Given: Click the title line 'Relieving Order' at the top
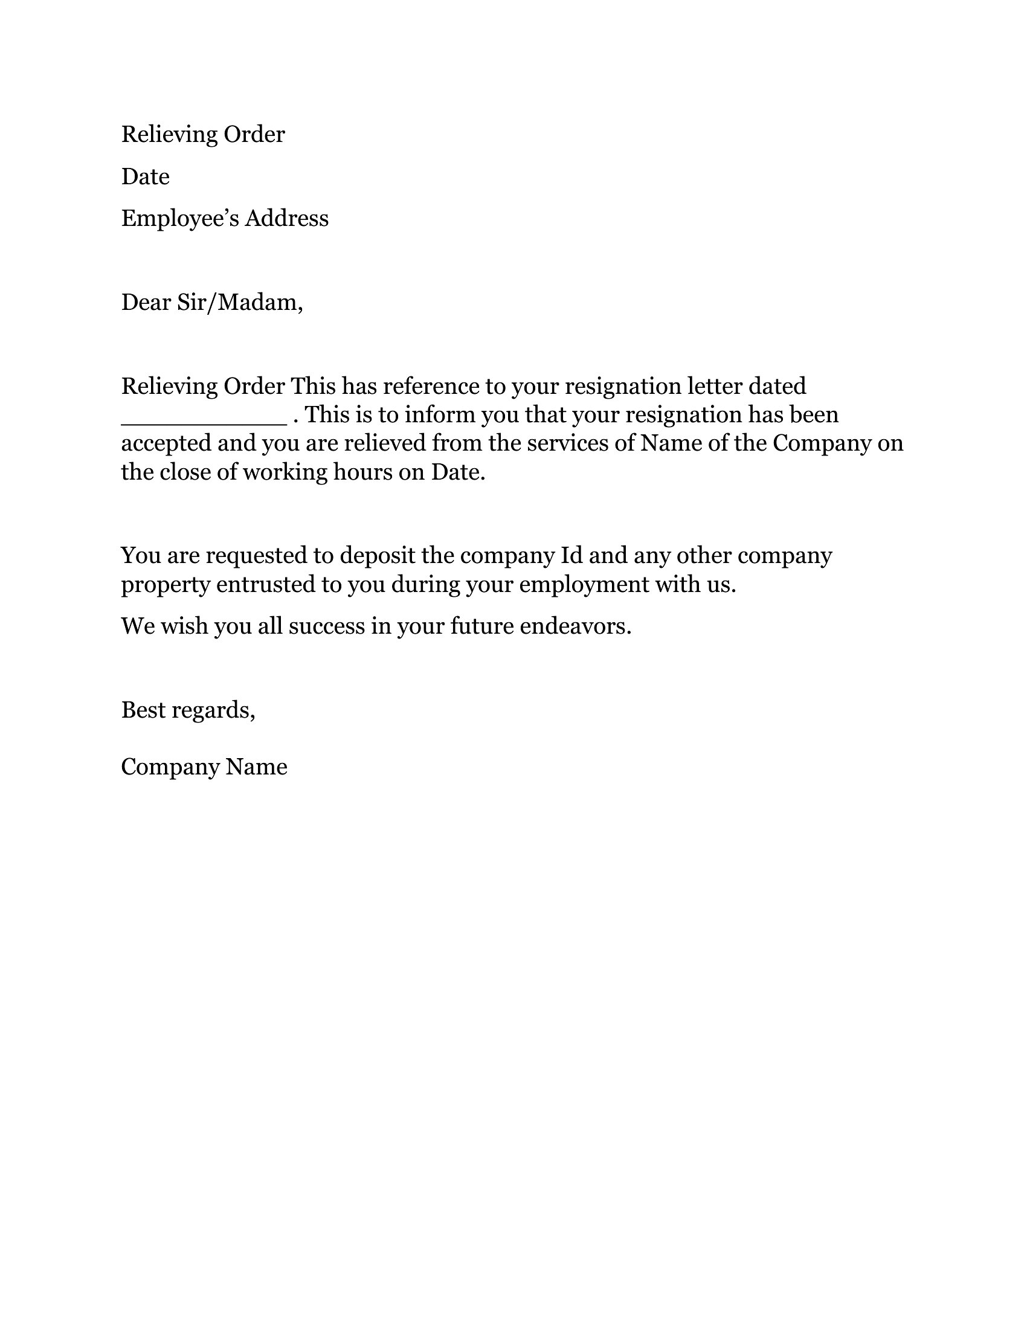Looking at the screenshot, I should pos(202,135).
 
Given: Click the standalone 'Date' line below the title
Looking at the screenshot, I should pos(146,177).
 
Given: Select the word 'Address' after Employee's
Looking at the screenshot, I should pos(286,219).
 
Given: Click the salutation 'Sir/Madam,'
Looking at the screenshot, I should pos(240,303).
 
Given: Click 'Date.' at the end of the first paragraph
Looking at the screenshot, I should pos(458,472).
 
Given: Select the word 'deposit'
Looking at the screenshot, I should pos(377,556).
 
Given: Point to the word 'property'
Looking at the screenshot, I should pos(166,585).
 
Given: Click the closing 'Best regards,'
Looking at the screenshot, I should pos(188,710).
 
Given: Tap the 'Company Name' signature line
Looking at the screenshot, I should pos(204,767).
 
